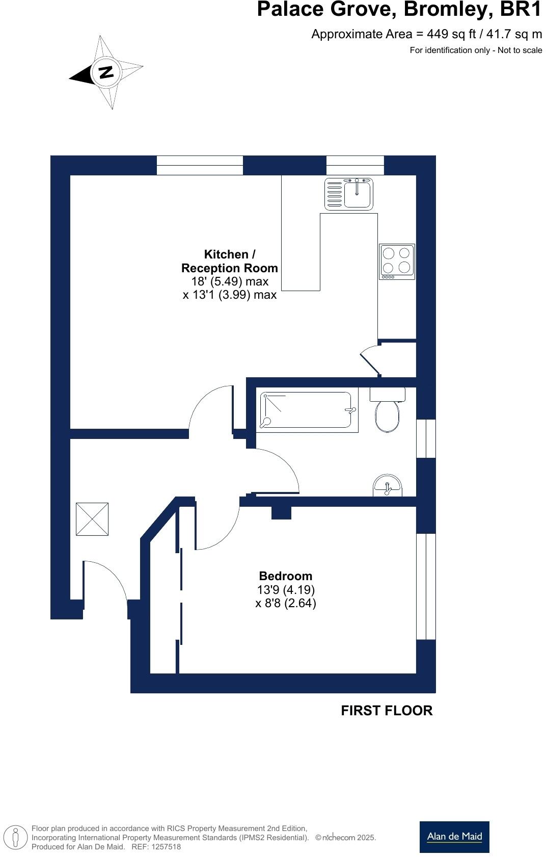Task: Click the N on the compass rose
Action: click(106, 72)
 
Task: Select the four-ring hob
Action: click(397, 261)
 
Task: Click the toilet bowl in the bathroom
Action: click(388, 415)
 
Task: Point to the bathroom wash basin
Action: click(388, 486)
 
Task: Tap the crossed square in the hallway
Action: click(92, 519)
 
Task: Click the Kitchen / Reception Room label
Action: click(230, 261)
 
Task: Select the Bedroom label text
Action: click(286, 576)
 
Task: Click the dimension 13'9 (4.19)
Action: click(286, 590)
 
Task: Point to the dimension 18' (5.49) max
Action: click(230, 281)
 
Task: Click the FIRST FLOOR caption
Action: click(387, 711)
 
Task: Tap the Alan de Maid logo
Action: click(454, 837)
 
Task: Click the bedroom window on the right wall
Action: click(426, 586)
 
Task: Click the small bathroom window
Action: click(426, 438)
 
